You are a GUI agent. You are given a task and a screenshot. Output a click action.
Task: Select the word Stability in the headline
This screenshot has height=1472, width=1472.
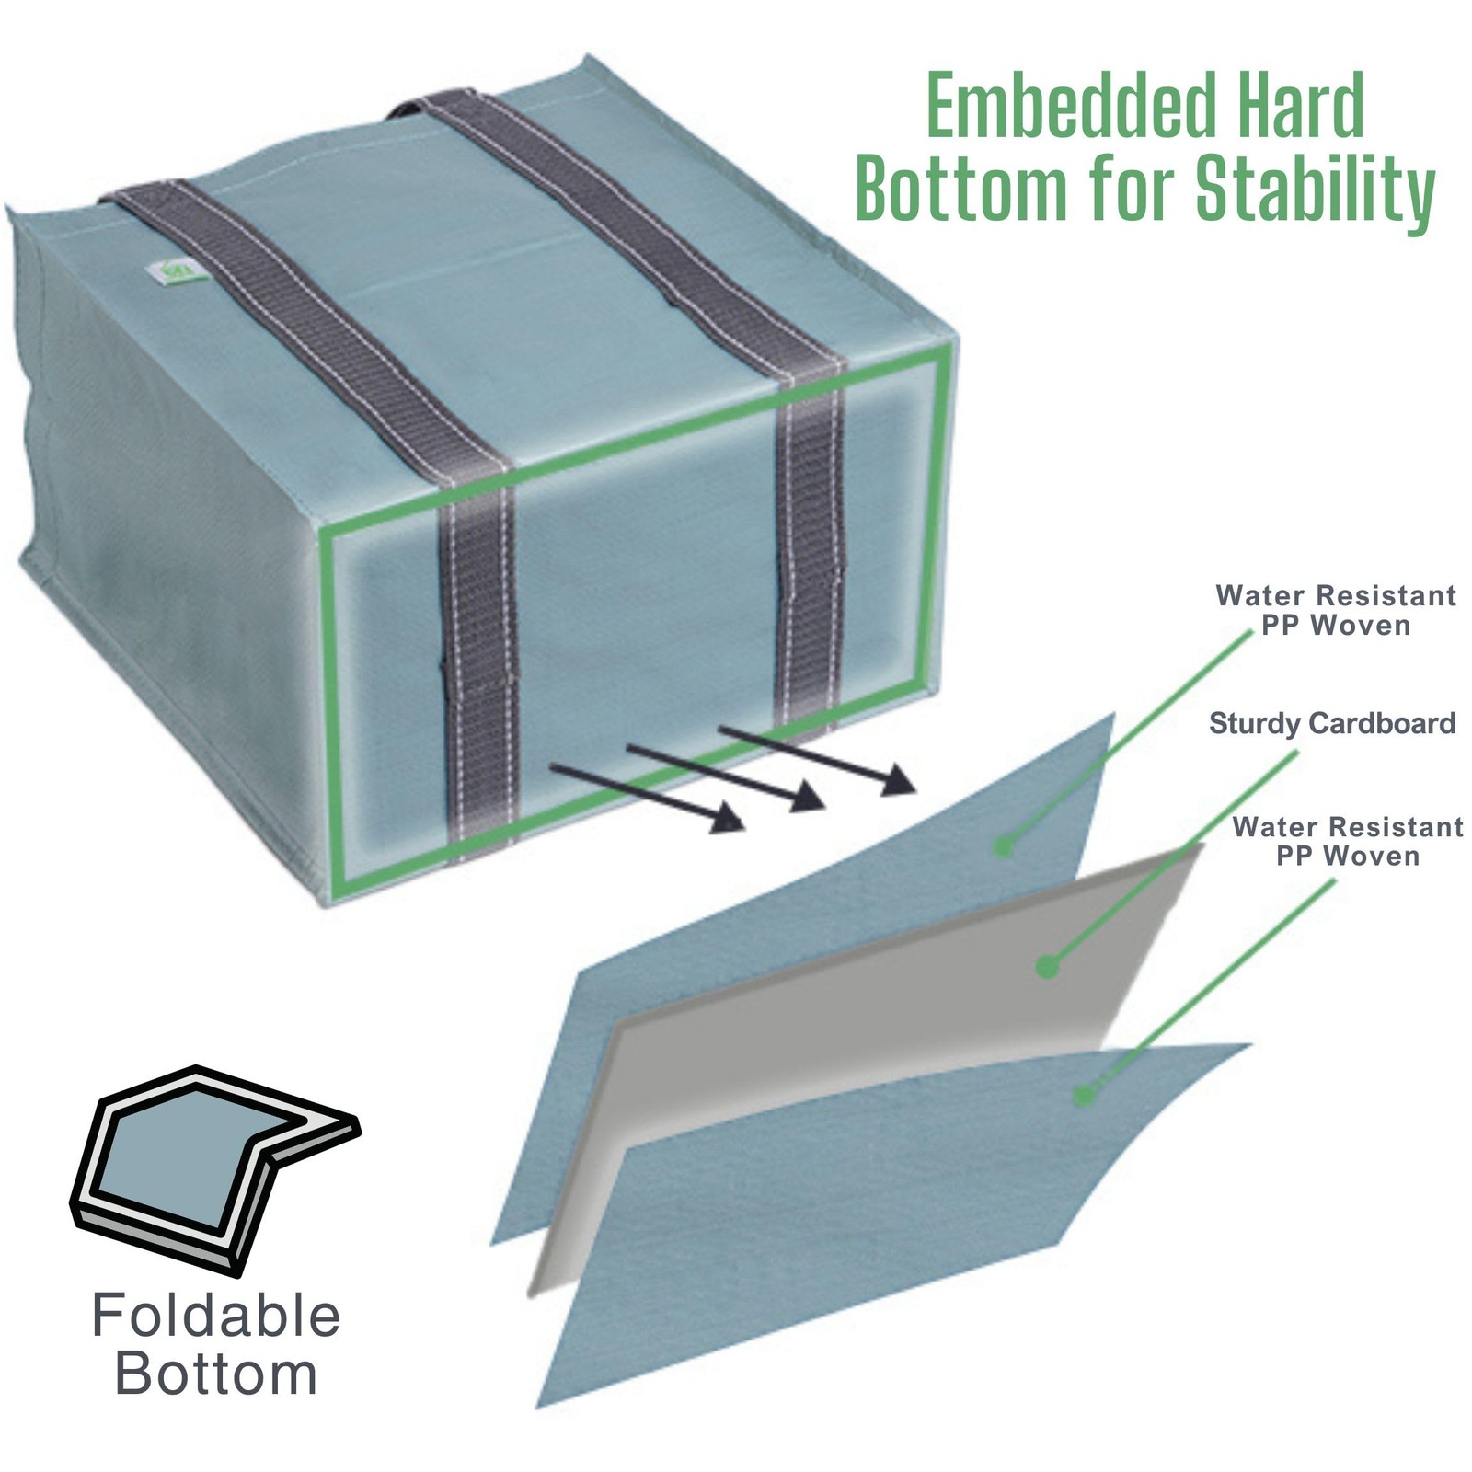pyautogui.click(x=1315, y=190)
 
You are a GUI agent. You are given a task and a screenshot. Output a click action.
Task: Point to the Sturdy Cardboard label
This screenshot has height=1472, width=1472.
pyautogui.click(x=1332, y=723)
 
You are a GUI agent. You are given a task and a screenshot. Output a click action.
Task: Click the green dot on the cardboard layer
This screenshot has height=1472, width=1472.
pyautogui.click(x=1046, y=967)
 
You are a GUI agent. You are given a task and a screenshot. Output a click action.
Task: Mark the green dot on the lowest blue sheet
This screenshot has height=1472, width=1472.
pyautogui.click(x=1084, y=1095)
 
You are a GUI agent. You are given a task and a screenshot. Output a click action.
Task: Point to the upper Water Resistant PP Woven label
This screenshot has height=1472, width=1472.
pyautogui.click(x=1336, y=610)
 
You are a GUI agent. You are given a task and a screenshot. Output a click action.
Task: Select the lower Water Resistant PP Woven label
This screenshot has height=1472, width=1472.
pyautogui.click(x=1348, y=841)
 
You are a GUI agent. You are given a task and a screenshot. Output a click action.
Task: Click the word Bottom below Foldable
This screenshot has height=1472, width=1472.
pyautogui.click(x=216, y=1374)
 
